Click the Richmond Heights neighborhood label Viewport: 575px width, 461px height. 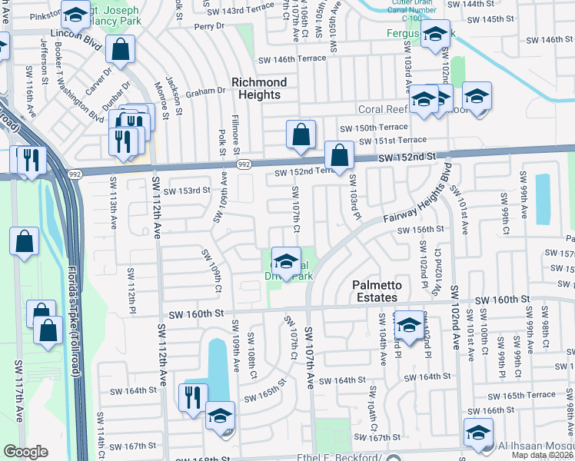259,88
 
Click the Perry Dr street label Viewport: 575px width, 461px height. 208,25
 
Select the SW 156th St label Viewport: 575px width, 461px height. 420,230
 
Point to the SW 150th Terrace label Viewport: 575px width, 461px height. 374,127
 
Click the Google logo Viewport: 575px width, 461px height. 25,452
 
